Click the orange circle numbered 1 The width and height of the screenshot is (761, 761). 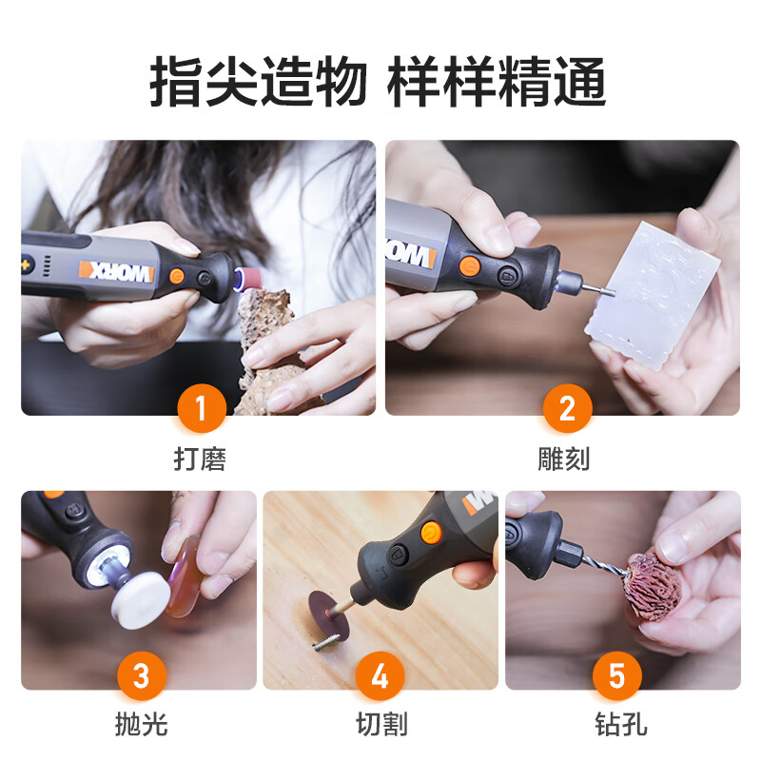(x=202, y=408)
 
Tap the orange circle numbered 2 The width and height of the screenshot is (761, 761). (x=567, y=408)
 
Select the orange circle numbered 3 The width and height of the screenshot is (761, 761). (x=142, y=675)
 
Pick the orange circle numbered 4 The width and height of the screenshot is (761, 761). (x=380, y=675)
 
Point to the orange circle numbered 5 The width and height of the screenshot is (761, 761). (x=616, y=675)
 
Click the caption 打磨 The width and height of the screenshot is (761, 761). (x=200, y=459)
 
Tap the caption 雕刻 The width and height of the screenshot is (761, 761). (x=564, y=459)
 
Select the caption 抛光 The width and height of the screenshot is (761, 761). (x=142, y=724)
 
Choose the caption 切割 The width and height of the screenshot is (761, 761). (x=381, y=724)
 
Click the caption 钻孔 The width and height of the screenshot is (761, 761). (x=621, y=724)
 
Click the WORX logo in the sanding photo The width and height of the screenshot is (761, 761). (x=116, y=272)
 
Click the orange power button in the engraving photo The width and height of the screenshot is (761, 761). (x=469, y=265)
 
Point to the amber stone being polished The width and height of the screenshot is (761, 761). (x=183, y=577)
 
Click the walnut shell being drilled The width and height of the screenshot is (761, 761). (x=653, y=587)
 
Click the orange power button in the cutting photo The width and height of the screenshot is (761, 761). (x=431, y=533)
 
